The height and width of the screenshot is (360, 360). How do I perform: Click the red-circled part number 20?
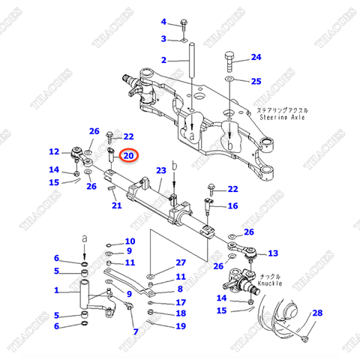click(128, 156)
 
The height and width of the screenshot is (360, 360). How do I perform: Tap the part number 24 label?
click(256, 57)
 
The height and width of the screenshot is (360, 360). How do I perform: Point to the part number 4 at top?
click(163, 21)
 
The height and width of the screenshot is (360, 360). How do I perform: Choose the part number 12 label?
click(54, 152)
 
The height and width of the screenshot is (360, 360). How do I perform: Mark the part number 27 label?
click(180, 262)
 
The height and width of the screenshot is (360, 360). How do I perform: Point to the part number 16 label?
click(232, 205)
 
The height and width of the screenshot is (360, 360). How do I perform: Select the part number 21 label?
click(115, 205)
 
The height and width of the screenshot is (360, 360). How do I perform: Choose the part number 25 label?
click(256, 81)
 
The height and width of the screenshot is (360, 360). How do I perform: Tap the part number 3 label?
click(163, 39)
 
